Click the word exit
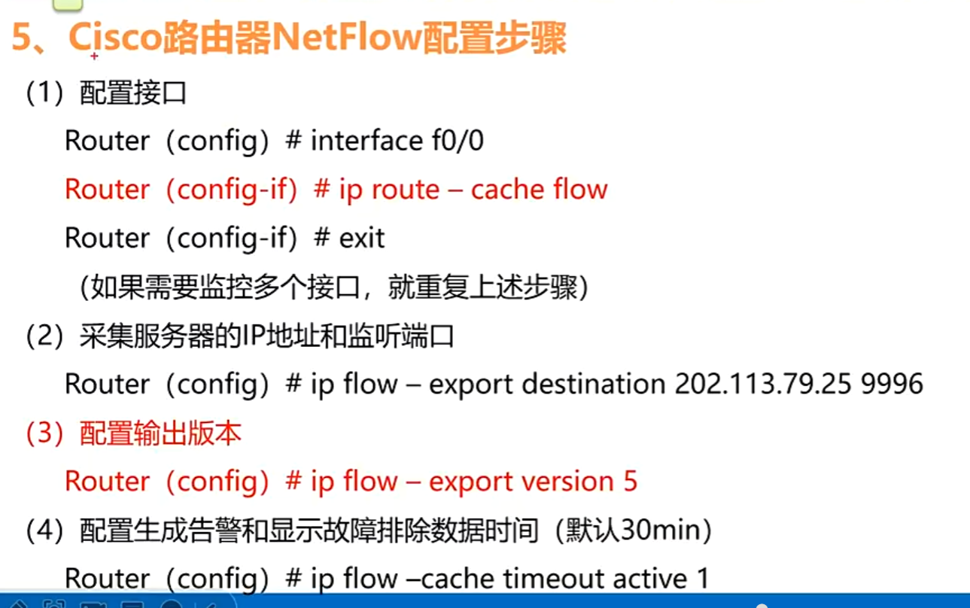[362, 238]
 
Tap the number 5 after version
[630, 481]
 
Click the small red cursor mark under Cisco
[94, 56]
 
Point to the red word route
[406, 190]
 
